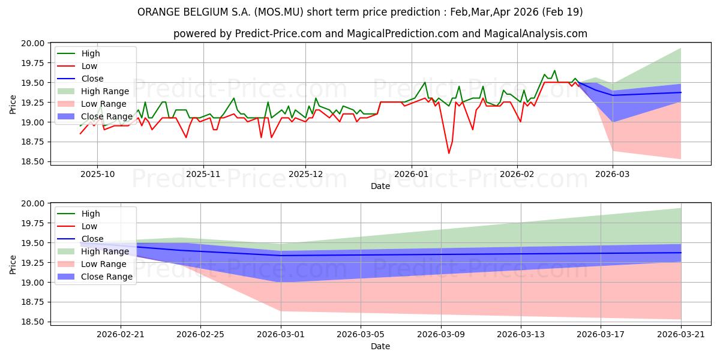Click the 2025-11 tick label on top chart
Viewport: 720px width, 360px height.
point(203,173)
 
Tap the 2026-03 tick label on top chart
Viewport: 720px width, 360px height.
point(613,173)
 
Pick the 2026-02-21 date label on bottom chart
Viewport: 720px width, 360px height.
point(121,334)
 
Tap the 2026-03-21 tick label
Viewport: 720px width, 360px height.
point(681,334)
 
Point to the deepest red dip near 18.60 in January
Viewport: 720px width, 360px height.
point(449,153)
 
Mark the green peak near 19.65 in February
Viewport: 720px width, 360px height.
point(554,70)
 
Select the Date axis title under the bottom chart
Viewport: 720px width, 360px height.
point(380,346)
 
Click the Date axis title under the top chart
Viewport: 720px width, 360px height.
point(380,186)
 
